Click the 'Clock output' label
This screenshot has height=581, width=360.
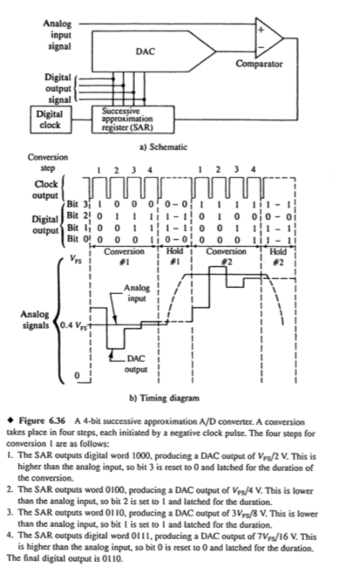click(x=51, y=188)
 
